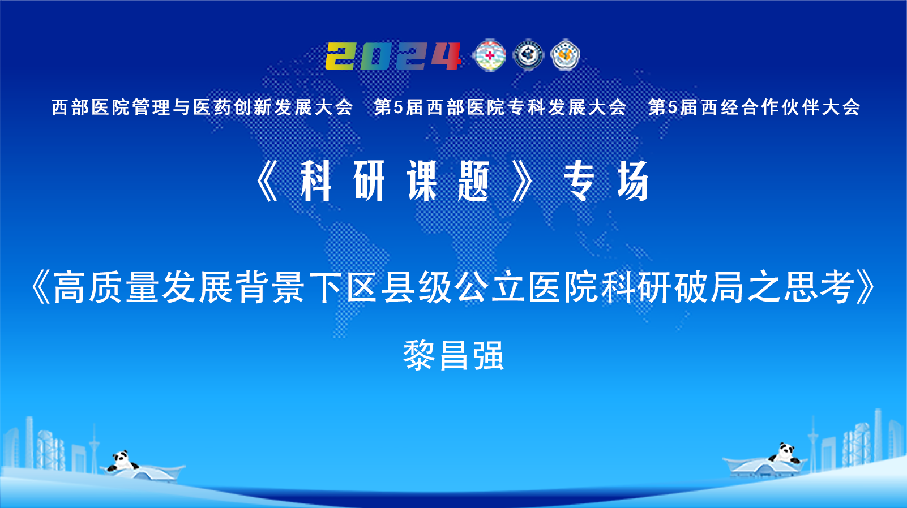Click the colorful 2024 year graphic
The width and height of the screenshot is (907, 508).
(393, 56)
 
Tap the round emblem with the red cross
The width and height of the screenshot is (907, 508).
(490, 55)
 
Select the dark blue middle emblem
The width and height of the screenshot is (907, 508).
(528, 55)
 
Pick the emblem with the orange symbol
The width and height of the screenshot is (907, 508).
(565, 55)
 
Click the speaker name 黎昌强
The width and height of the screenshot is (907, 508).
(454, 355)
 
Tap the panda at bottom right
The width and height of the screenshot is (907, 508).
(785, 453)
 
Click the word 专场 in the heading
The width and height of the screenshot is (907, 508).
(606, 180)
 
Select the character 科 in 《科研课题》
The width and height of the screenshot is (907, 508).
(316, 180)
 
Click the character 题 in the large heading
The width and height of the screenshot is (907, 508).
(473, 180)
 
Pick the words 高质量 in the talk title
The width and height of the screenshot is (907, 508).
(106, 287)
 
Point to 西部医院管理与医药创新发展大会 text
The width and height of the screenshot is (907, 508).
(203, 107)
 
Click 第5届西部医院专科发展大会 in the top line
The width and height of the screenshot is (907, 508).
(500, 107)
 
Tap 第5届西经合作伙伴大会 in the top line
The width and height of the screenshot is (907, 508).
(754, 107)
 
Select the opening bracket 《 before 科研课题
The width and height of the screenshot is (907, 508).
(267, 180)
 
